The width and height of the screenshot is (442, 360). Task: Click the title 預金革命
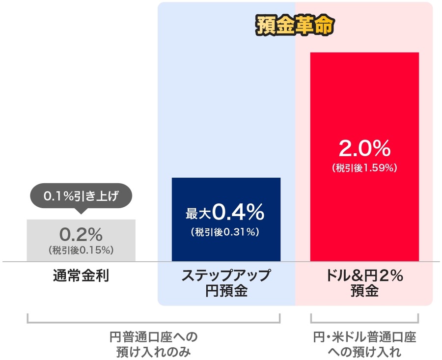(295, 26)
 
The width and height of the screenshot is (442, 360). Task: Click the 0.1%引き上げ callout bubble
(81, 196)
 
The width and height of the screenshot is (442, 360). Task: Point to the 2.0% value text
(364, 147)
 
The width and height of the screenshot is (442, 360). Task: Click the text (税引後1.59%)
(364, 168)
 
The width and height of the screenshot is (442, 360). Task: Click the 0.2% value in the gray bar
(81, 233)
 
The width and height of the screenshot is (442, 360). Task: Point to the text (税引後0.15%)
(81, 249)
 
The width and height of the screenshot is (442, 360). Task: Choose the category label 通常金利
(81, 276)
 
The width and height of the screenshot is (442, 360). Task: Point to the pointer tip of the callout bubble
(81, 212)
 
